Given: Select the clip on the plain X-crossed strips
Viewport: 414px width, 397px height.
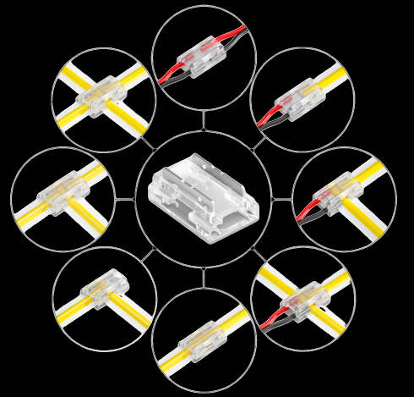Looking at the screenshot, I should click(x=101, y=96).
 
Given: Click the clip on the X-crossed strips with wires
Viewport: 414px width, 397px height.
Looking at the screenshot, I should click(x=302, y=298).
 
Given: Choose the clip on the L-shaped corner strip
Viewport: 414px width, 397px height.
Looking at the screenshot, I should click(x=102, y=289).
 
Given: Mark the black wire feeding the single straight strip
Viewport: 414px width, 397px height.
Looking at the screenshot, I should click(x=270, y=123).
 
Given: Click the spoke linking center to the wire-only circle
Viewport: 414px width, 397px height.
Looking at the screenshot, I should click(x=204, y=120).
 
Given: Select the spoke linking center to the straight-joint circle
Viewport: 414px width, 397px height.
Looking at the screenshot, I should click(x=204, y=278).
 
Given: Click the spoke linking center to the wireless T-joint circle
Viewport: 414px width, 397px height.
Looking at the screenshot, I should click(x=125, y=200).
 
